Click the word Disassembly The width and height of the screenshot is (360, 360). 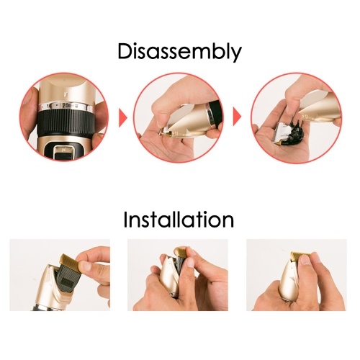click(x=179, y=52)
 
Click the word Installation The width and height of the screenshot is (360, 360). click(x=179, y=220)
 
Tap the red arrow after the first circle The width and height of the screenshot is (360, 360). click(x=123, y=117)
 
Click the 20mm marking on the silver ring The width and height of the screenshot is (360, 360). click(x=68, y=105)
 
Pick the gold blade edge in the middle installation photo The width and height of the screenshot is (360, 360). click(x=181, y=252)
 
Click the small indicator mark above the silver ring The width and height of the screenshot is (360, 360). click(x=66, y=93)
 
